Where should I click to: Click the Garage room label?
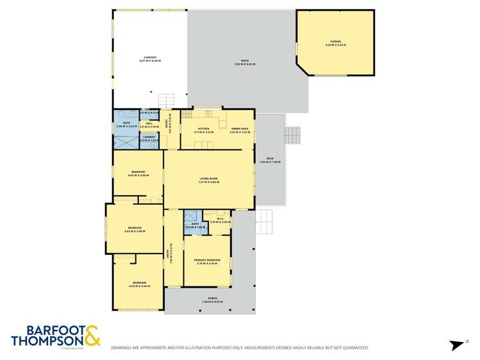[335, 42]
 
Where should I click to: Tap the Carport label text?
[151, 58]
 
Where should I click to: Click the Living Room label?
[209, 181]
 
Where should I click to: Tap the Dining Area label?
[240, 129]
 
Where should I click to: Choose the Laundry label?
[149, 138]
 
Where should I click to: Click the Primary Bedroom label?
[207, 260]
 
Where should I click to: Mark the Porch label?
[210, 299]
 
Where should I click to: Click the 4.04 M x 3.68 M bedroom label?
[138, 172]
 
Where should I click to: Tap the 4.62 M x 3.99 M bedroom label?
[135, 229]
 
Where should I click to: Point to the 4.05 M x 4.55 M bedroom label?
[139, 283]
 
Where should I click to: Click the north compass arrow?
[456, 345]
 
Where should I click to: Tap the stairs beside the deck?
[292, 135]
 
